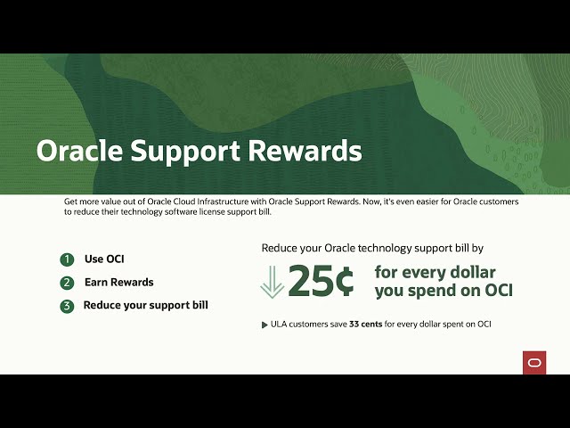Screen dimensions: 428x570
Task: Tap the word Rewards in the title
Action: click(306, 150)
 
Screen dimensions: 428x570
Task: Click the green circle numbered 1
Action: click(67, 259)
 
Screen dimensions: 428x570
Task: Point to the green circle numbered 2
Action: click(67, 283)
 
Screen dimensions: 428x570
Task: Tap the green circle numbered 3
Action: click(67, 306)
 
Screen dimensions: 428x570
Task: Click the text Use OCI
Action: click(104, 259)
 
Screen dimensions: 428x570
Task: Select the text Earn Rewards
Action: click(118, 283)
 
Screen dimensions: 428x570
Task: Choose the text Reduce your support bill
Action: click(145, 305)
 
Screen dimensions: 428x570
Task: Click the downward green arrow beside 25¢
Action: click(272, 282)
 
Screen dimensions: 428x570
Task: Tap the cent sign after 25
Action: click(343, 282)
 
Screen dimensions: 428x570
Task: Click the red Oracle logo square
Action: click(534, 362)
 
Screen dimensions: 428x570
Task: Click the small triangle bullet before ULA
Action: click(264, 324)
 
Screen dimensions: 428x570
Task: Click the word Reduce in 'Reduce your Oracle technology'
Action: click(281, 248)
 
